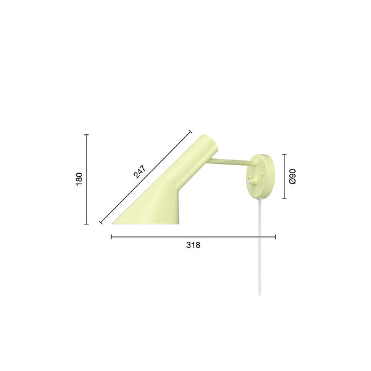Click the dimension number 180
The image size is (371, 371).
pyautogui.click(x=79, y=179)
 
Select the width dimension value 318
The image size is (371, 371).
pyautogui.click(x=193, y=245)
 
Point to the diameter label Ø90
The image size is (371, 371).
pyautogui.click(x=293, y=177)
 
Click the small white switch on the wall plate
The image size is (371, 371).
pyautogui.click(x=252, y=181)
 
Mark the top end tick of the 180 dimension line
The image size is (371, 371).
pyautogui.click(x=86, y=135)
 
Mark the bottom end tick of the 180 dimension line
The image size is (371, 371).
pyautogui.click(x=86, y=224)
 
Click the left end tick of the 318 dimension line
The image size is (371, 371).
pyautogui.click(x=111, y=236)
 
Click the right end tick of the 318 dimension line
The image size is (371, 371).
pyautogui.click(x=275, y=236)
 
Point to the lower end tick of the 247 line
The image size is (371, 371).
pyautogui.click(x=101, y=222)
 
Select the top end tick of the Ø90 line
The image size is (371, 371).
pyautogui.click(x=284, y=155)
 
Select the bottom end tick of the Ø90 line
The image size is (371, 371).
pyautogui.click(x=284, y=198)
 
